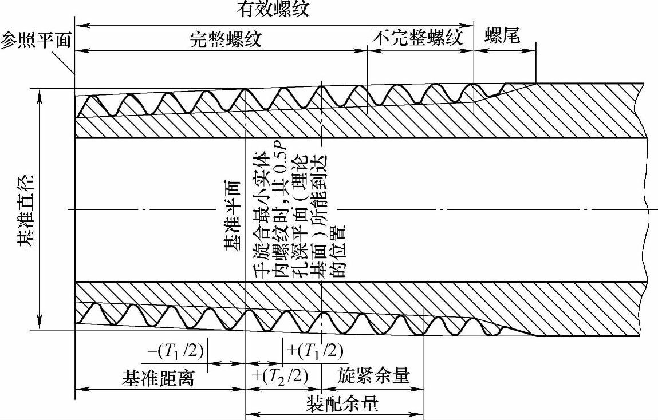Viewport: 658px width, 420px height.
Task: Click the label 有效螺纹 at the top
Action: tap(273, 10)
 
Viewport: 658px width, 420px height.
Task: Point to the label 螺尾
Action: tap(502, 37)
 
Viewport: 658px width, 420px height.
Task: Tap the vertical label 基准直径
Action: tap(25, 211)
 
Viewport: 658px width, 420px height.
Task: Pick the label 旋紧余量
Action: tap(373, 376)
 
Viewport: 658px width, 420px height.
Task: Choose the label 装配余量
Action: tap(342, 404)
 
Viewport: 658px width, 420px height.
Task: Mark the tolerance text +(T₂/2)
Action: tap(279, 376)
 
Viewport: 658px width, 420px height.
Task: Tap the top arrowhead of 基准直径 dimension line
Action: tap(40, 93)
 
